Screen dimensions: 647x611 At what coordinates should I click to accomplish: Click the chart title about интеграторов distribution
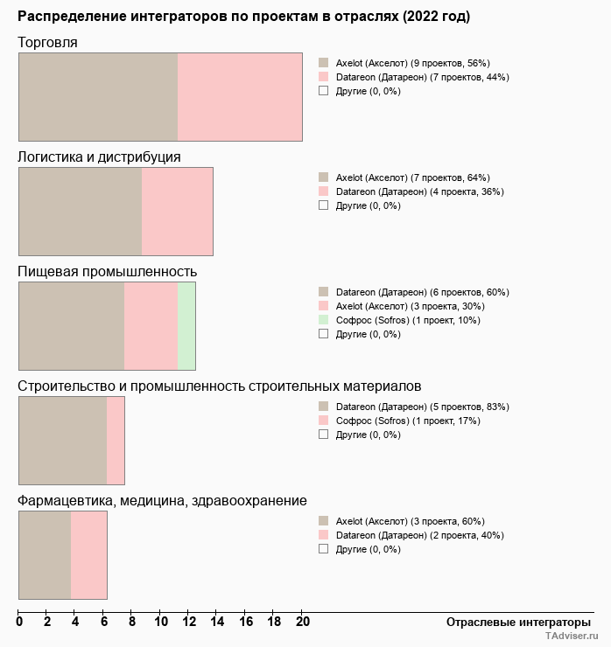coord(243,17)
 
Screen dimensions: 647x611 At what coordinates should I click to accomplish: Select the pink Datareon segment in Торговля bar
coord(240,96)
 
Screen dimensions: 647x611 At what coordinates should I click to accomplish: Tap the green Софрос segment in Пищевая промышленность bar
coord(186,326)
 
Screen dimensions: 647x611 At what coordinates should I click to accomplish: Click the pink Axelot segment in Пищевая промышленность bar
coord(151,326)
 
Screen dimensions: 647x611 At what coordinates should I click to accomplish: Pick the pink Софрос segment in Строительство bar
coord(116,440)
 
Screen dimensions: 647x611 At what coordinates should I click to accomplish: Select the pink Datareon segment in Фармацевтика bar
coord(88,554)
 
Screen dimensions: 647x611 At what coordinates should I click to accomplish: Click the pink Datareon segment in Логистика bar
coord(178,212)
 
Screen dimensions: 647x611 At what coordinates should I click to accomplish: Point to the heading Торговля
coord(47,43)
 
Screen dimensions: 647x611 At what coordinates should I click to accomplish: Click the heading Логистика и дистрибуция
coord(99,157)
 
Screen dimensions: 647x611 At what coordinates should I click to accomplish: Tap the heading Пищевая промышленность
coord(107,271)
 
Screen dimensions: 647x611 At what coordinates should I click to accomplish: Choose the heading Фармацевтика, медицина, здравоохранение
coord(162,500)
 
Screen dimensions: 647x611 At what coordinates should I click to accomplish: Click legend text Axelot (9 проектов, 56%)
coord(412,63)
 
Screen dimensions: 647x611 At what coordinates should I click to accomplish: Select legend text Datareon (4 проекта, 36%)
coord(419,191)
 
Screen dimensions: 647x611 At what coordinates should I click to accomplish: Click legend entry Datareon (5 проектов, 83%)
coord(422,407)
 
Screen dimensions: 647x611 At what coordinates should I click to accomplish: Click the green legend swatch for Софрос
coord(323,320)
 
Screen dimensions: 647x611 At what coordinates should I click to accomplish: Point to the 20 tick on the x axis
coord(301,622)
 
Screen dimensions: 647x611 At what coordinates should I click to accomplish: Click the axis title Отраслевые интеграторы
coord(518,622)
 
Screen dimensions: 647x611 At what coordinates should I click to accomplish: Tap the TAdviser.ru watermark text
coord(572,637)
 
